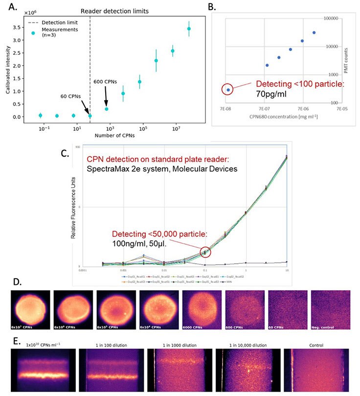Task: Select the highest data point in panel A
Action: tap(189, 29)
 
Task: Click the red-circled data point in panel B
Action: tap(228, 90)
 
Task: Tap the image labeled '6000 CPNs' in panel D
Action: tap(202, 310)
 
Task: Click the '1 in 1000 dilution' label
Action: tap(179, 346)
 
